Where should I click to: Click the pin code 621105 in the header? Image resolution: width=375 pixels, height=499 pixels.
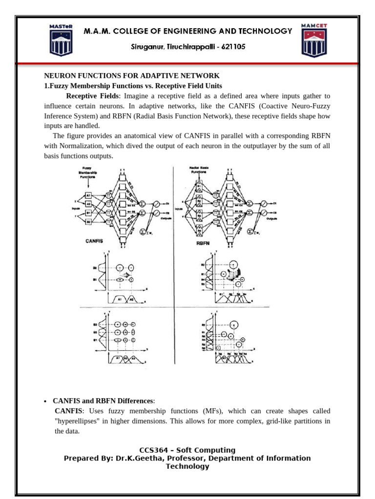pyautogui.click(x=231, y=47)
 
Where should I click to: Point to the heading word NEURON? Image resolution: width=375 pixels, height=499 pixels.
pyautogui.click(x=59, y=76)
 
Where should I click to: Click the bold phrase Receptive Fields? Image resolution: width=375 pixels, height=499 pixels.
pyautogui.click(x=92, y=96)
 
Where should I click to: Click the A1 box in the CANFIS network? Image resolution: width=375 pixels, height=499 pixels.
pyautogui.click(x=89, y=195)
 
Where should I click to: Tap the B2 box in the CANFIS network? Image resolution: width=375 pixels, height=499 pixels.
pyautogui.click(x=89, y=221)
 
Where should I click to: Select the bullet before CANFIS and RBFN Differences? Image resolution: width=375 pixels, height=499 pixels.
pyautogui.click(x=45, y=401)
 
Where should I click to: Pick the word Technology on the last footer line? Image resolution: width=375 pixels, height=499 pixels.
pyautogui.click(x=187, y=466)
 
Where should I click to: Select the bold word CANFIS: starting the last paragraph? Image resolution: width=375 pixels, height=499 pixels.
pyautogui.click(x=68, y=411)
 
